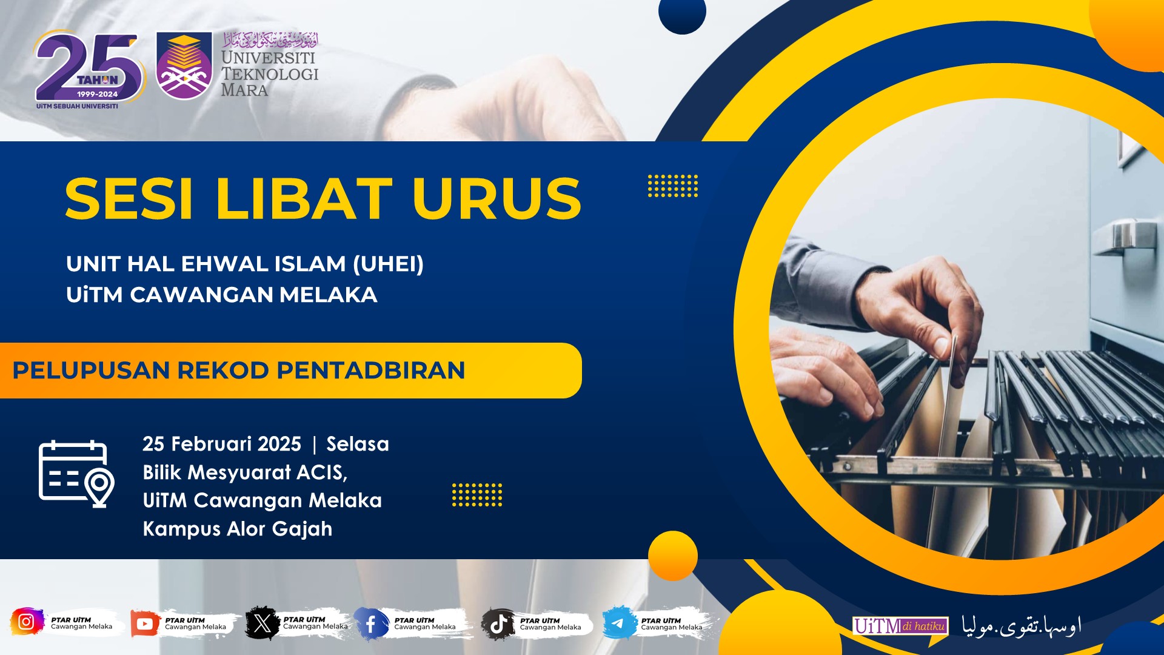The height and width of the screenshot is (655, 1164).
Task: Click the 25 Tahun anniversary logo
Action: coord(90,70)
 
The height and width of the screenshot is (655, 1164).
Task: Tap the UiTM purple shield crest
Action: coord(184,65)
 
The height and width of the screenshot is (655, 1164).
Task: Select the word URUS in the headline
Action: coord(497,198)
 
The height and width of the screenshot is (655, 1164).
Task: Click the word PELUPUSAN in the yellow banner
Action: coord(90,371)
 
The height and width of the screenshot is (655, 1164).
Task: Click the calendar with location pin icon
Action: coord(76,474)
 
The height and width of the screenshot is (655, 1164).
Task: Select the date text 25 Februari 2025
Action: coord(222,444)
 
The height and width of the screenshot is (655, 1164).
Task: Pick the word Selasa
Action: coord(358,444)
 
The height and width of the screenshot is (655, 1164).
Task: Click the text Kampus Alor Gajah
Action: coord(238,529)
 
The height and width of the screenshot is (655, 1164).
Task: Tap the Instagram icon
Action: coord(26,622)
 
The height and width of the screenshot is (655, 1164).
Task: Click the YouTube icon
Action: coord(145,623)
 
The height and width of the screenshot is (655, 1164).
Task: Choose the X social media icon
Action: coord(263,623)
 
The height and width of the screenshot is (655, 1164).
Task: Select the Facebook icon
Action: coord(370,623)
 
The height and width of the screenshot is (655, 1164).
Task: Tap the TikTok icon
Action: coord(498,623)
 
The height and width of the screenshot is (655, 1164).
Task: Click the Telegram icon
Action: coord(618,623)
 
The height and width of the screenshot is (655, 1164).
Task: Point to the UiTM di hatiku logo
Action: coord(900,626)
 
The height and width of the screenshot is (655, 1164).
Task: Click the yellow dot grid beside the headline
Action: coord(673,186)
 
